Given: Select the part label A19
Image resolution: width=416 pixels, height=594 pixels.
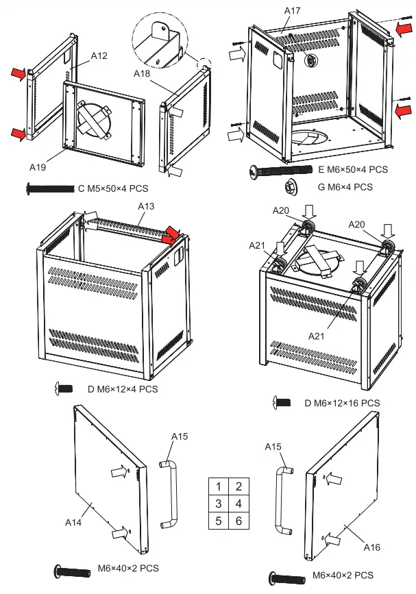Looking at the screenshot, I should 38,166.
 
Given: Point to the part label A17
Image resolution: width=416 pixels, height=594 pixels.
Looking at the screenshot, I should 293,10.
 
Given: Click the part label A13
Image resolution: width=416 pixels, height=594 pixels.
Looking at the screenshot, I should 146,206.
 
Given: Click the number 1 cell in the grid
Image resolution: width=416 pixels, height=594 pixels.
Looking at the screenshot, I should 218,486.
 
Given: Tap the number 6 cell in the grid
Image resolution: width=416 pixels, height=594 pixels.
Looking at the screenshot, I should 238,521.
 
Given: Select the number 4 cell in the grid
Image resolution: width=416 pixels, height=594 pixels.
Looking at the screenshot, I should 238,504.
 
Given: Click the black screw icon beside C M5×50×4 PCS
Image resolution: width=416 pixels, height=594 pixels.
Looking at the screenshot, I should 49,187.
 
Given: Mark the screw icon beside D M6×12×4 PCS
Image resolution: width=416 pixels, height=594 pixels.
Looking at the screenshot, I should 63,388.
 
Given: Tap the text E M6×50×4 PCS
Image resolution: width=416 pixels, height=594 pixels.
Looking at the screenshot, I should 354,169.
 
